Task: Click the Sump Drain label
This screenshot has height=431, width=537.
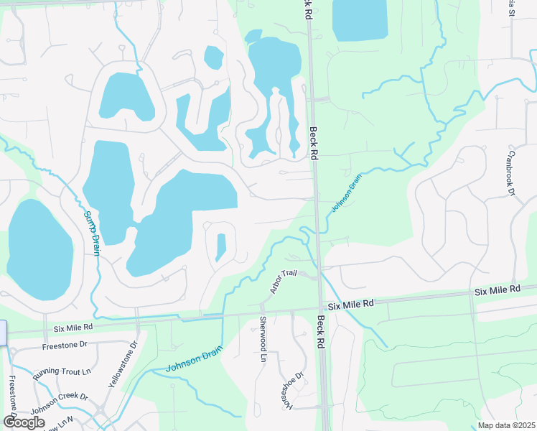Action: tap(91, 233)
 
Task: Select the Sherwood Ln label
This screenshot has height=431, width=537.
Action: tap(263, 338)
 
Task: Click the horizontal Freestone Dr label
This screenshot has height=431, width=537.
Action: tap(65, 345)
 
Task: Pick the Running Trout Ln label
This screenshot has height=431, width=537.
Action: tap(62, 371)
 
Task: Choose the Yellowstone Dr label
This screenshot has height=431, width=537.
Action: tap(122, 367)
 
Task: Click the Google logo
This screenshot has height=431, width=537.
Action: tap(24, 422)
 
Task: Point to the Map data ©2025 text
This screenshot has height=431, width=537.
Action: tap(505, 425)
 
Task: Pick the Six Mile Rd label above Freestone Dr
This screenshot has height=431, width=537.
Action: tap(73, 328)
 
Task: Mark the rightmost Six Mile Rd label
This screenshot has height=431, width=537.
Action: tap(497, 289)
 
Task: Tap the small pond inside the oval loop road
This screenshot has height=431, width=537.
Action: tap(220, 247)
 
